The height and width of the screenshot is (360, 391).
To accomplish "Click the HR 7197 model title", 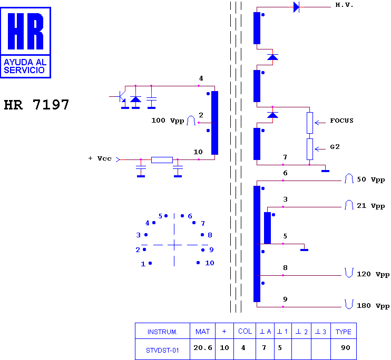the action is pyautogui.click(x=36, y=105).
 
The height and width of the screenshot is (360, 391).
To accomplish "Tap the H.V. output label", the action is pyautogui.click(x=344, y=5).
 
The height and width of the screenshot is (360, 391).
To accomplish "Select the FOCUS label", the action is pyautogui.click(x=341, y=121).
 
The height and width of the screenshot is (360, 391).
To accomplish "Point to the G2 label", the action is pyautogui.click(x=335, y=147).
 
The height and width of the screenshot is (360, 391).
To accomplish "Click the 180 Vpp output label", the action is pyautogui.click(x=373, y=306).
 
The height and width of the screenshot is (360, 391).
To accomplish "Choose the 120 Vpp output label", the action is pyautogui.click(x=373, y=274).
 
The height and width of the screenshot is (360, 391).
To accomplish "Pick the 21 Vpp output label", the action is pyautogui.click(x=371, y=206).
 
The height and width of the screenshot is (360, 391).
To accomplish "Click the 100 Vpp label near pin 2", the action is pyautogui.click(x=168, y=121).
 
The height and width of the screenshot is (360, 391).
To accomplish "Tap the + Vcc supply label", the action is pyautogui.click(x=100, y=158).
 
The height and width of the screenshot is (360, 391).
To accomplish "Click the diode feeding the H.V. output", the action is pyautogui.click(x=296, y=7).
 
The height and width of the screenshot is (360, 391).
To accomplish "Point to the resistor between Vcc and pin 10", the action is pyautogui.click(x=162, y=159).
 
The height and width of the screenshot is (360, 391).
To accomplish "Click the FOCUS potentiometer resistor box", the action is pyautogui.click(x=310, y=123).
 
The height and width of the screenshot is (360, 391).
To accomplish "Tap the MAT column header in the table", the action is pyautogui.click(x=202, y=332).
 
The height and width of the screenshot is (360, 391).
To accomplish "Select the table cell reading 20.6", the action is pyautogui.click(x=203, y=347).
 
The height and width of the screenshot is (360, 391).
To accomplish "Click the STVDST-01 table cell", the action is pyautogui.click(x=162, y=351).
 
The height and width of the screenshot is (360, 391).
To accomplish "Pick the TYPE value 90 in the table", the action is pyautogui.click(x=346, y=347).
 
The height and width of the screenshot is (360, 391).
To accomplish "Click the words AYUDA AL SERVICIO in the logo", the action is pyautogui.click(x=25, y=66).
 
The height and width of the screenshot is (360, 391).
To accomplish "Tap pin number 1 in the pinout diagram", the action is pyautogui.click(x=143, y=264).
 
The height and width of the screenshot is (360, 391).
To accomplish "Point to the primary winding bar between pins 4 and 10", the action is pyautogui.click(x=214, y=123).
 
